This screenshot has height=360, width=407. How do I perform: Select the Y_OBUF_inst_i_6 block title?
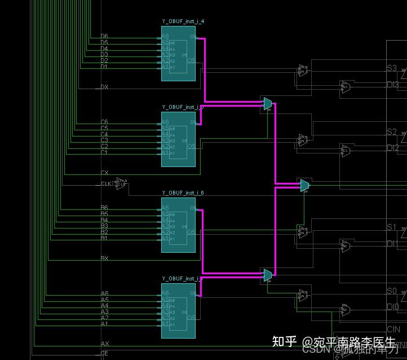pos(183,193)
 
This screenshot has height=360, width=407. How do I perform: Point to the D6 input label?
pos(104,36)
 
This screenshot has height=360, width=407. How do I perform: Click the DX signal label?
pos(104,87)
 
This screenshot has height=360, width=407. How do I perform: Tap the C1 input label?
pos(104,152)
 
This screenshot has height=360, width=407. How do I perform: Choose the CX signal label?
pos(104,173)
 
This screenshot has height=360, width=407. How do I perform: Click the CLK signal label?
pos(106,183)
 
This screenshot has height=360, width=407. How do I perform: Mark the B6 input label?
pos(104,208)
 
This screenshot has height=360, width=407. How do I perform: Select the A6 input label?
pos(104,293)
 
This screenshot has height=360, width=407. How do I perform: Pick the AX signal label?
pos(105,344)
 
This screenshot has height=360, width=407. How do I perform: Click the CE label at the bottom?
pos(104,354)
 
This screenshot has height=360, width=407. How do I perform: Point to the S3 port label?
pos(391,68)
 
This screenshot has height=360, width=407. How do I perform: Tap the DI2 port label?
pos(392,148)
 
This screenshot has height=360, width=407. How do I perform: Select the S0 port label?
pos(392,291)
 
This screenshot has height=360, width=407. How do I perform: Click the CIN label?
pos(393,330)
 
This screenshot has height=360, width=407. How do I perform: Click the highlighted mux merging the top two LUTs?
pos(268,103)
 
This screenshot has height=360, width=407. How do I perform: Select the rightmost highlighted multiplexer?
pos(304,185)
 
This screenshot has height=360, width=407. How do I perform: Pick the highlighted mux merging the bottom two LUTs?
pos(268,275)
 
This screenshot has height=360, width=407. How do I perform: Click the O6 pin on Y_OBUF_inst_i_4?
pos(193,37)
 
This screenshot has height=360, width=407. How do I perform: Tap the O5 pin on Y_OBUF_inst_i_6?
pos(192,232)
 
